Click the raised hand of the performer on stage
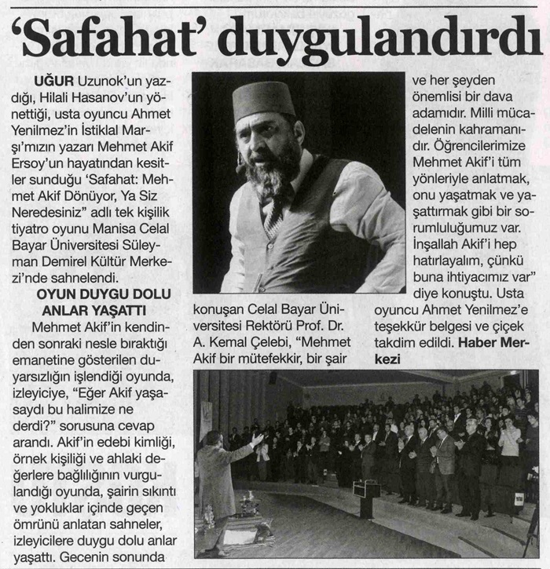click(x=257, y=436)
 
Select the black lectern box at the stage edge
click(x=366, y=488)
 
